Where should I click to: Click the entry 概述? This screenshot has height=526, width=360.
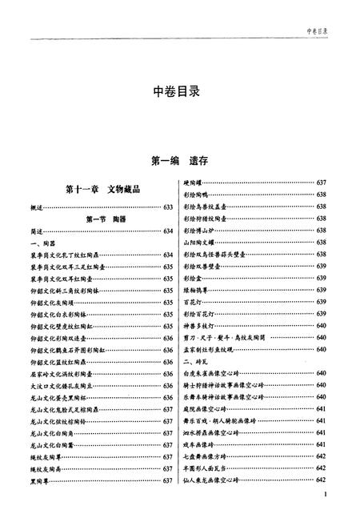click(37, 207)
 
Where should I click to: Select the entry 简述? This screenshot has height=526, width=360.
click(37, 231)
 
